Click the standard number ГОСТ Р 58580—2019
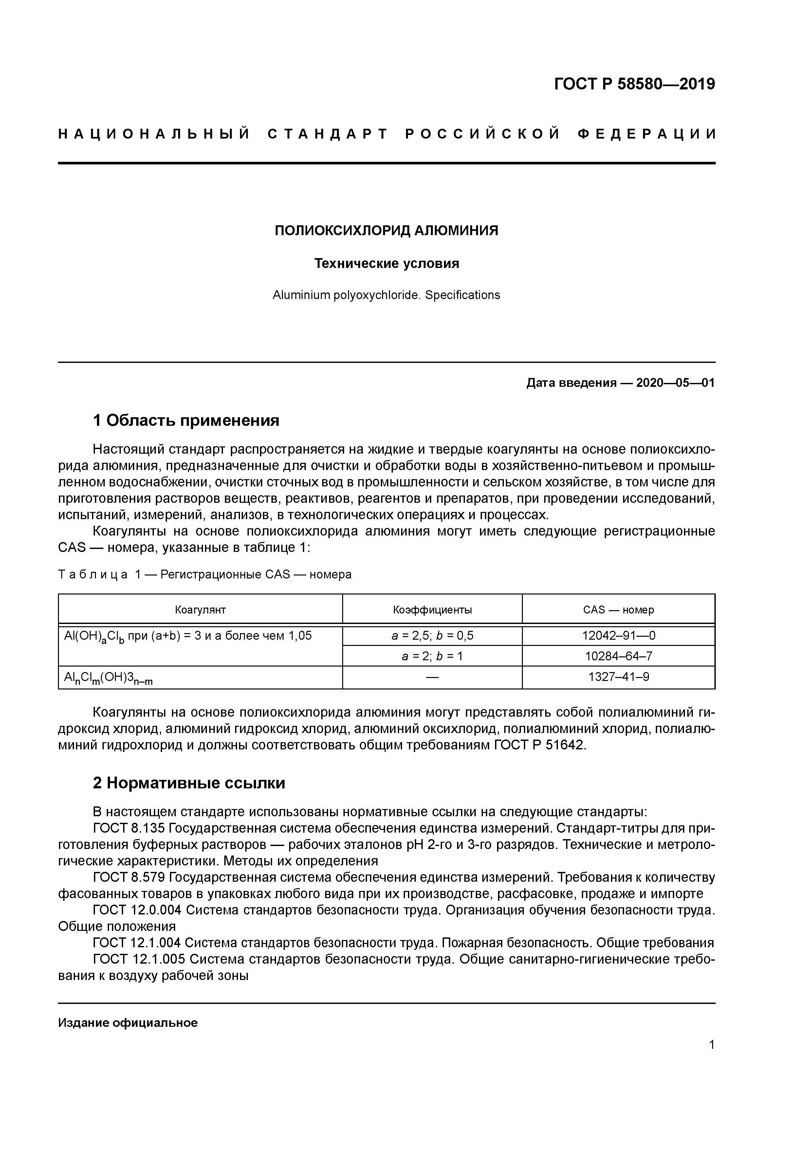point(635,84)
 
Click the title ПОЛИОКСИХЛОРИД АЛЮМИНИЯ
point(386,230)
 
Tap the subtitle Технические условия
point(386,263)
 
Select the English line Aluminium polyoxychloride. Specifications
point(386,295)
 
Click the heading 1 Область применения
point(186,420)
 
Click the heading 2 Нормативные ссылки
point(189,783)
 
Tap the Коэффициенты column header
point(432,610)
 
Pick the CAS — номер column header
point(618,610)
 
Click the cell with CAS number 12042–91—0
point(618,635)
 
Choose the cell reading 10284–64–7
point(618,656)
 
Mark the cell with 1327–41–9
point(618,677)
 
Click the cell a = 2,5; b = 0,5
point(432,635)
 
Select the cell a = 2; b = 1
point(432,656)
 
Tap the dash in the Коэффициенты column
point(432,677)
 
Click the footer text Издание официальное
point(128,1022)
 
